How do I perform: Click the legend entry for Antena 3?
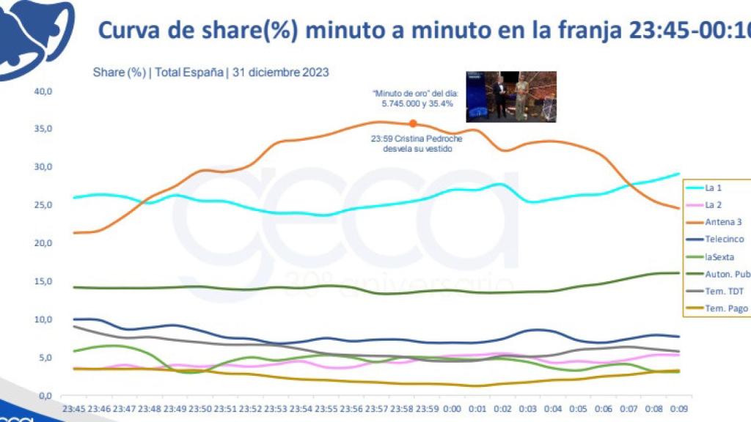click(x=723, y=222)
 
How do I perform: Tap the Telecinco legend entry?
click(x=724, y=239)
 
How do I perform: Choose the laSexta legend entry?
click(x=721, y=256)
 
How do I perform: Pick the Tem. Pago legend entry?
click(x=725, y=308)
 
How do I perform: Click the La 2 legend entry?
click(x=716, y=204)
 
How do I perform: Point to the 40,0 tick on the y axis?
click(x=43, y=92)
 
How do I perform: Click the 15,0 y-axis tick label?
click(x=43, y=282)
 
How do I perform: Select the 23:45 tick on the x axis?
click(x=74, y=409)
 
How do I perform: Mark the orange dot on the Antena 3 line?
click(x=413, y=124)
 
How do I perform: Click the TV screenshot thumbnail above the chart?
click(x=511, y=97)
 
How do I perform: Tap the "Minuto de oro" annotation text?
click(x=413, y=99)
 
